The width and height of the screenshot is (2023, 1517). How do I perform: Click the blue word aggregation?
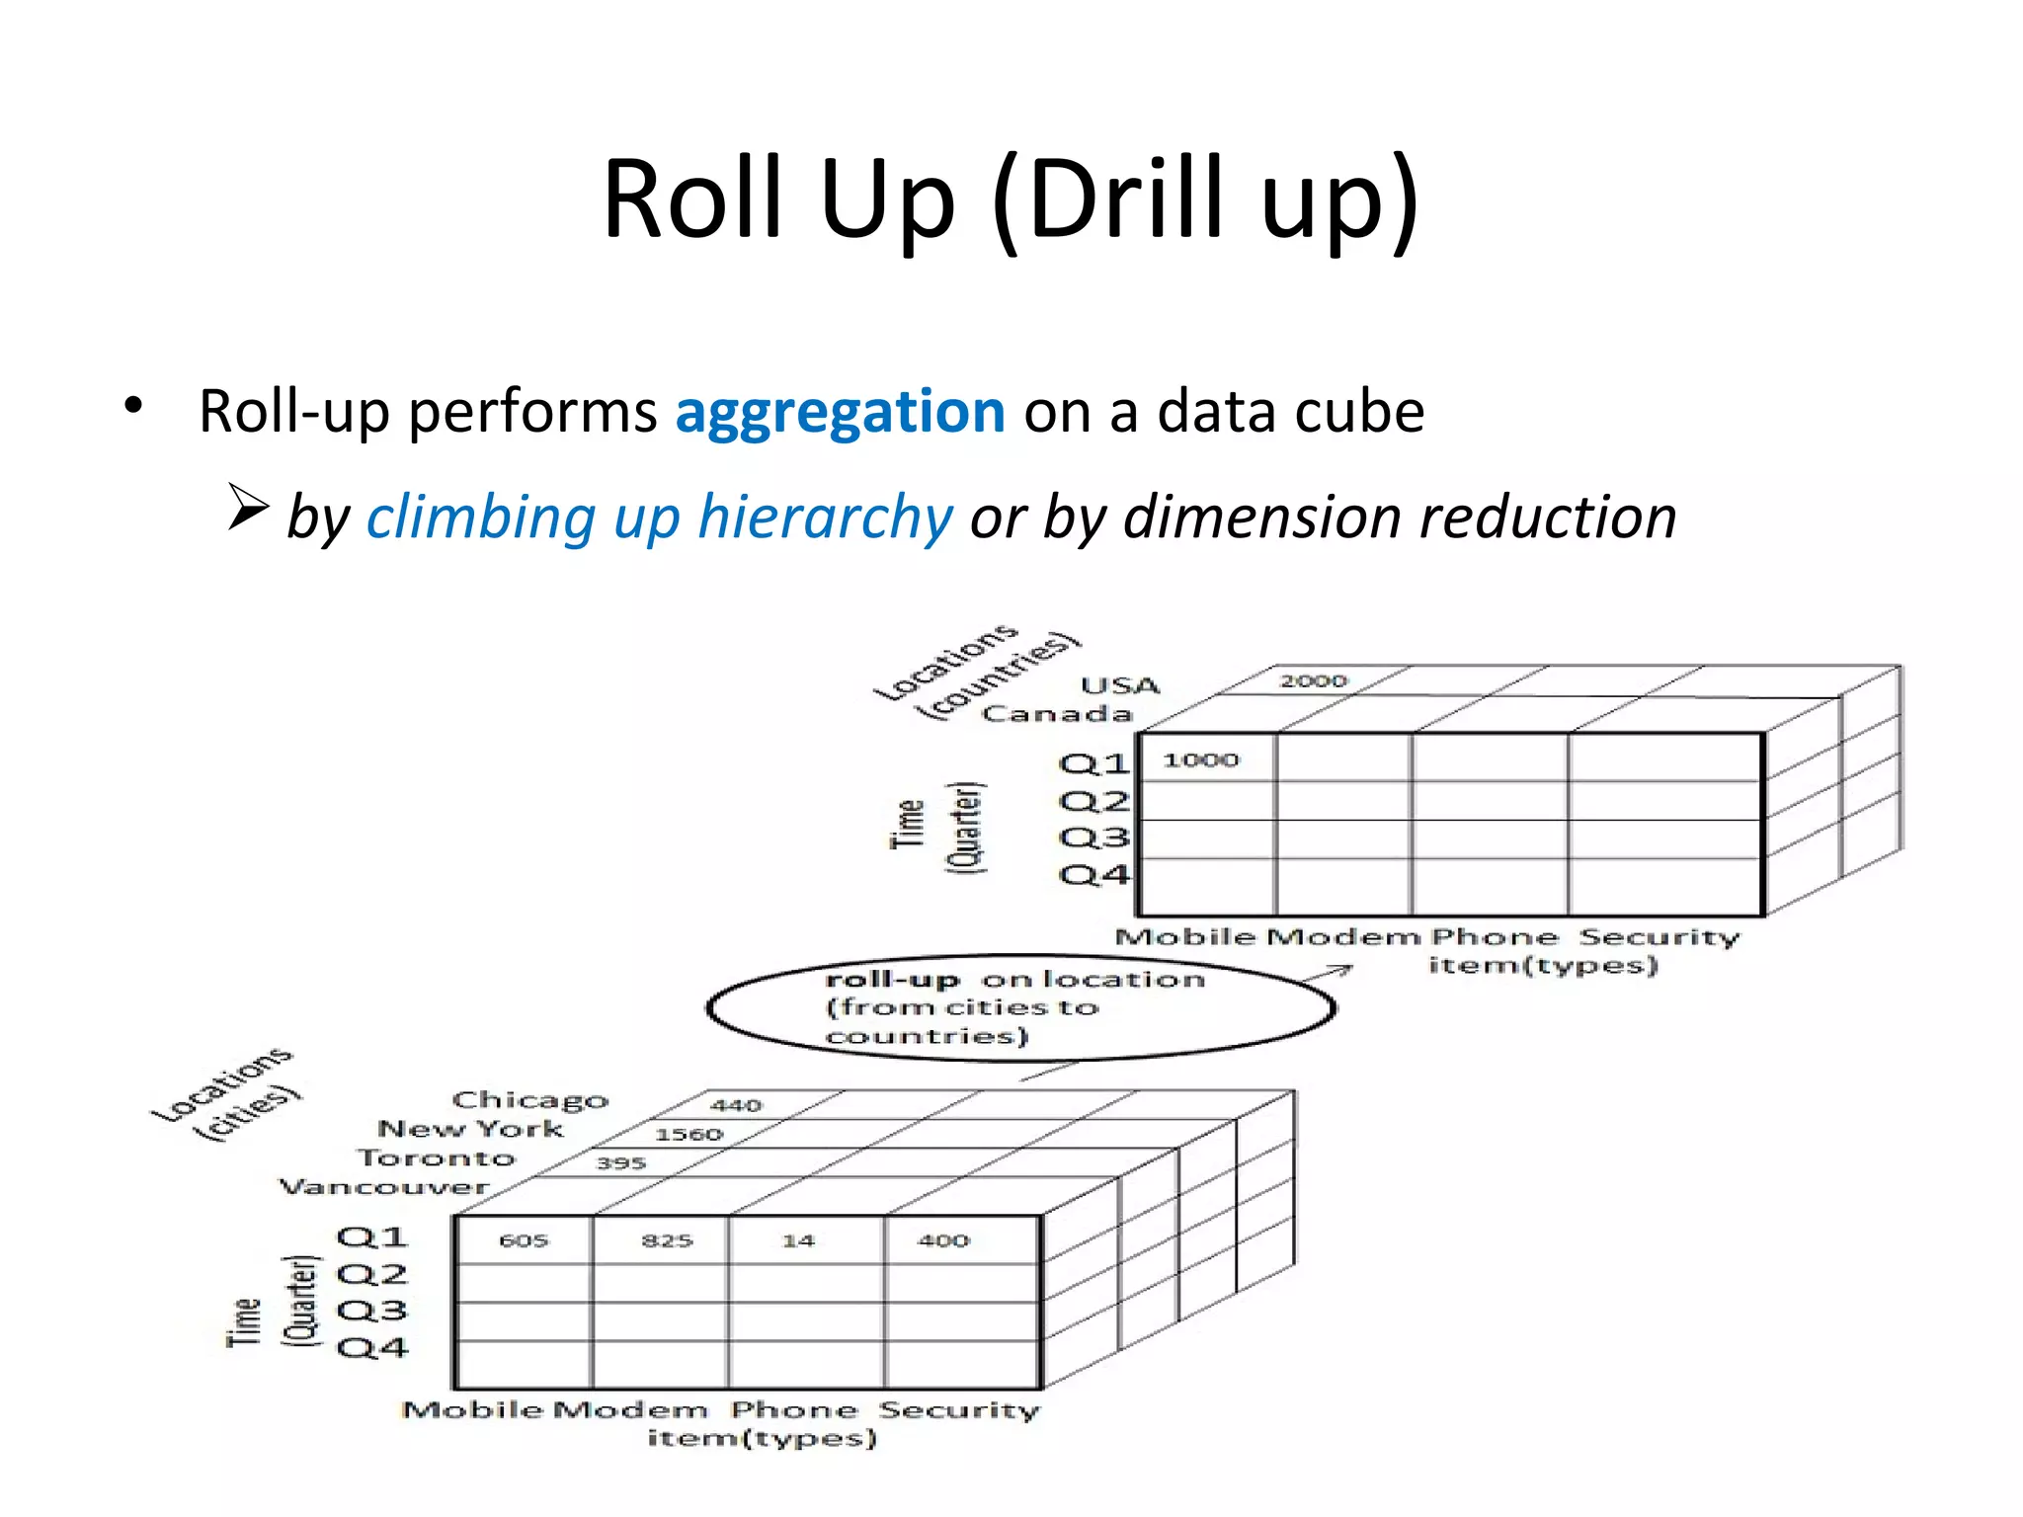(x=840, y=412)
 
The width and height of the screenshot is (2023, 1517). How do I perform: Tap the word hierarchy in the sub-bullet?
(x=825, y=518)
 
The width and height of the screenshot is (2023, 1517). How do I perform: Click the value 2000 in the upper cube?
(x=1313, y=680)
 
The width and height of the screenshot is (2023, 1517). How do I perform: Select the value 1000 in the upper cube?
(x=1200, y=759)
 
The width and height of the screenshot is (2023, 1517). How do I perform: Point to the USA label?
(x=1120, y=685)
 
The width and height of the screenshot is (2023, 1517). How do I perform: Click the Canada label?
(x=1057, y=713)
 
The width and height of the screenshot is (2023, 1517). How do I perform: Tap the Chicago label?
(x=530, y=1100)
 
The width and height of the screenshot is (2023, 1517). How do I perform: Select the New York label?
(x=471, y=1129)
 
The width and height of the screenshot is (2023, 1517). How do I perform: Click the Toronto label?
(x=437, y=1158)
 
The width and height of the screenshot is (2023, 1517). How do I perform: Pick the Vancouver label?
(x=384, y=1186)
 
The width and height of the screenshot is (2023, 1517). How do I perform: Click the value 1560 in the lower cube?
(x=688, y=1135)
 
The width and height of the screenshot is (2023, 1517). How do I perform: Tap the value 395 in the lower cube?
(x=620, y=1163)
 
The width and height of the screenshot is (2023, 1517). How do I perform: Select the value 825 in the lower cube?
(x=667, y=1240)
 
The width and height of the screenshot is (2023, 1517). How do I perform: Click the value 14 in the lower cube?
(x=798, y=1240)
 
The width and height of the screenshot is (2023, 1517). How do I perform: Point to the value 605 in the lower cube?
(x=524, y=1240)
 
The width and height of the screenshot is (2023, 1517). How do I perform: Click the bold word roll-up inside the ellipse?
(x=892, y=980)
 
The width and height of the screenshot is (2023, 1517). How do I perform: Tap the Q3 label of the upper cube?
(x=1093, y=838)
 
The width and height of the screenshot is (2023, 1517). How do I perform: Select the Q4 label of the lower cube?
(x=371, y=1347)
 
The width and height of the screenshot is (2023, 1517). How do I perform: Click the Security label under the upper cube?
(x=1659, y=936)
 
